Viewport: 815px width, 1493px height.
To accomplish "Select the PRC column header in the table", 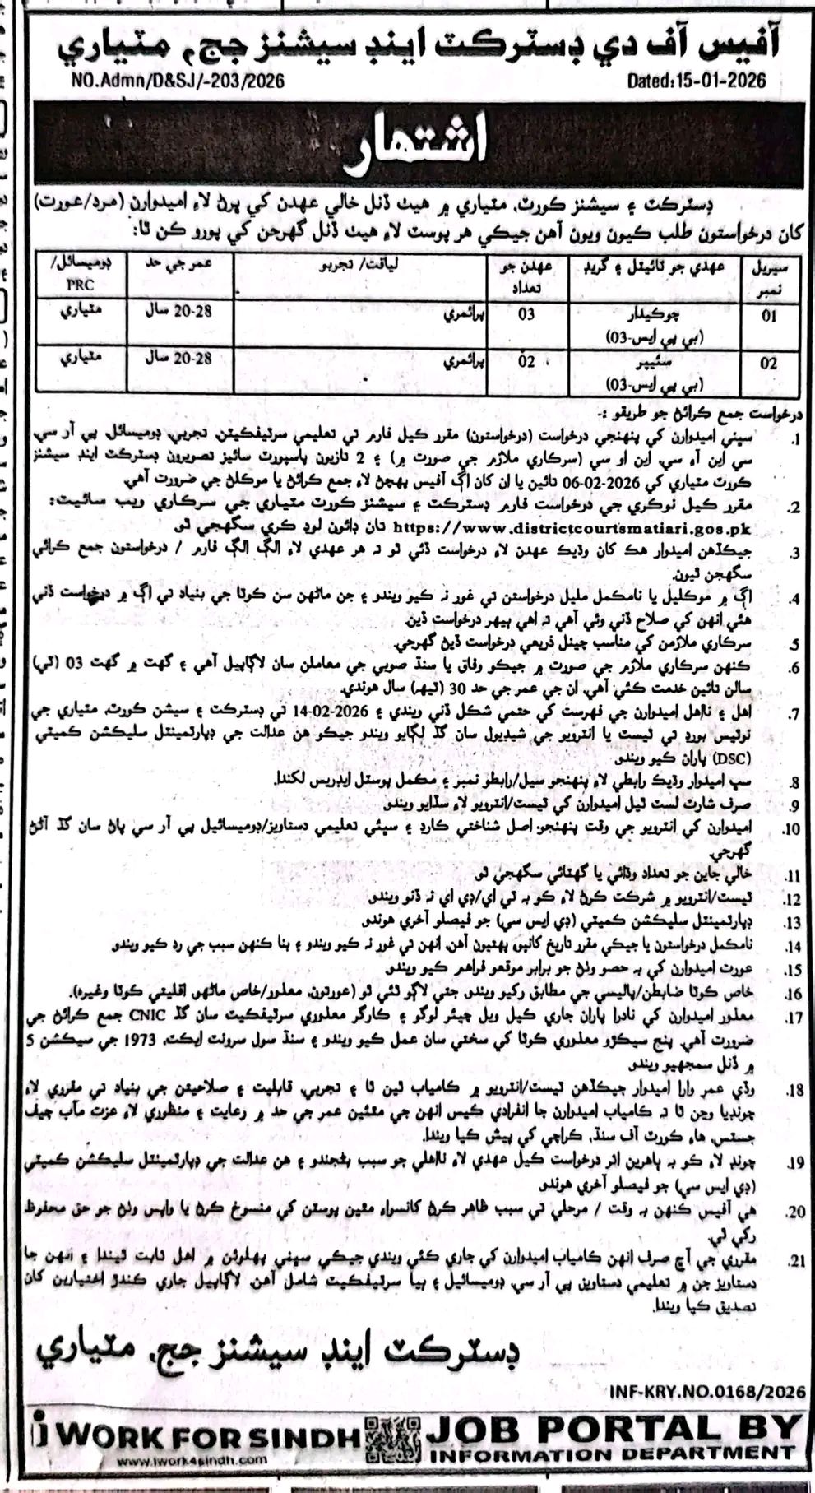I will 81,285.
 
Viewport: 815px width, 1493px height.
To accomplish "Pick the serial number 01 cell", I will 768,317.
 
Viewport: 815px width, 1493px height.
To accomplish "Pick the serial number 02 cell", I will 768,363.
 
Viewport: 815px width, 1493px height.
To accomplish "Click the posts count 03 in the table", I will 526,313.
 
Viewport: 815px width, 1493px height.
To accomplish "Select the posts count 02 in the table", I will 526,360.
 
